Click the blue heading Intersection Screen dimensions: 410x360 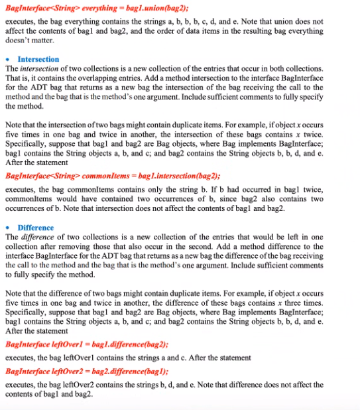click(x=38, y=59)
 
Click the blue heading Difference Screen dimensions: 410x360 click(x=36, y=228)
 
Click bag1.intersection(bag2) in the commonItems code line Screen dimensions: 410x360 click(x=178, y=176)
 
